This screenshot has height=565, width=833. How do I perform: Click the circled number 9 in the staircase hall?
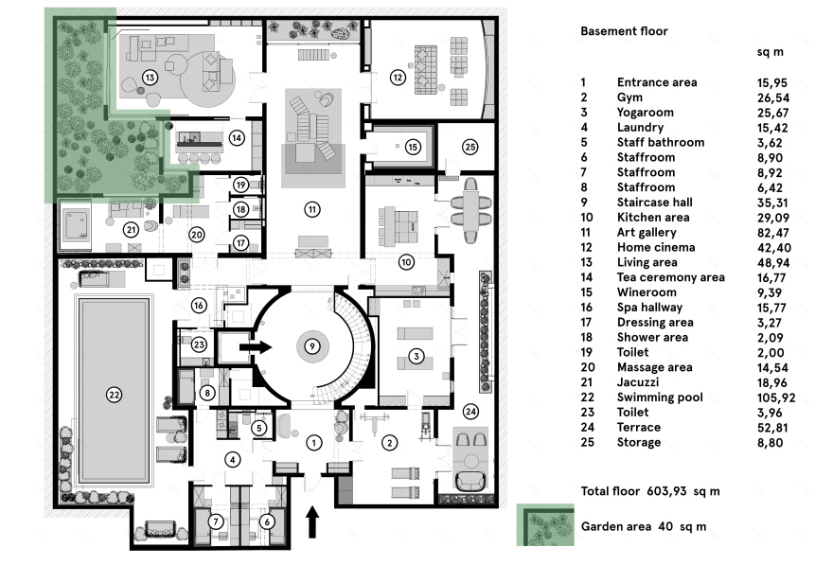[311, 346]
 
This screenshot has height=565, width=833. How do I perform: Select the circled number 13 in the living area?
[149, 76]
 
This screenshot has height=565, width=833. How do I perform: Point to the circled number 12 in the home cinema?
[398, 77]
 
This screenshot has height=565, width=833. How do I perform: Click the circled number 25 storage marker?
[470, 147]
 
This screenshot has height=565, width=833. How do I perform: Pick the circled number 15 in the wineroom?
[412, 147]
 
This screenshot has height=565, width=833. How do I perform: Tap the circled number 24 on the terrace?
[470, 411]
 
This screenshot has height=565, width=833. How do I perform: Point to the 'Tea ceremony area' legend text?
[670, 277]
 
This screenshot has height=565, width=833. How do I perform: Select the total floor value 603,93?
[668, 491]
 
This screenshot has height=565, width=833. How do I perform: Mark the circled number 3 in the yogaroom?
[416, 356]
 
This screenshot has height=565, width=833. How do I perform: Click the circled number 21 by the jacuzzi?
[131, 229]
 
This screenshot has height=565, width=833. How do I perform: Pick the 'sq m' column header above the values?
[773, 52]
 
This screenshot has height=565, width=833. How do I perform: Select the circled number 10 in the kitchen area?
[405, 260]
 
